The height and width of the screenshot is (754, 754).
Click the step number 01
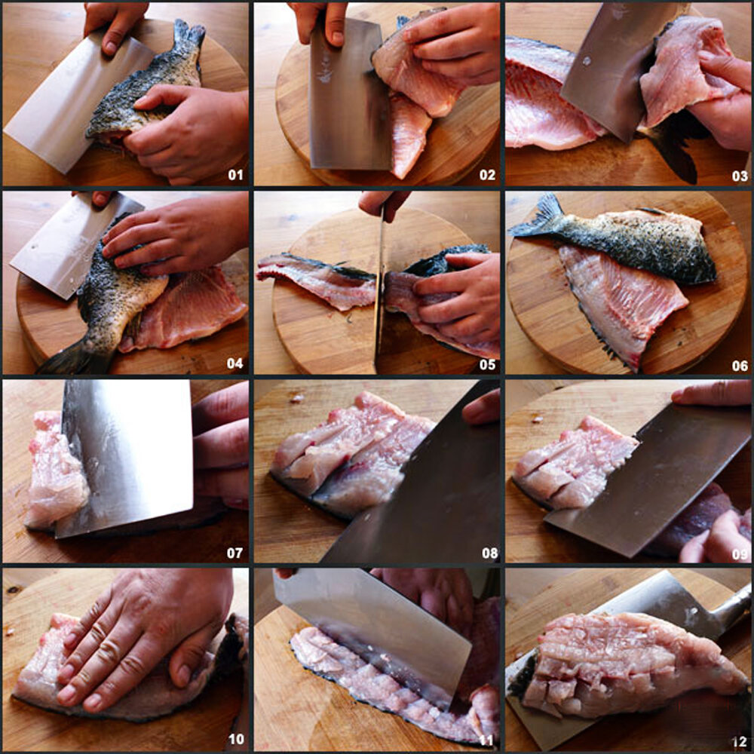[x=235, y=175]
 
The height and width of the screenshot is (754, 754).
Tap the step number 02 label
[x=487, y=175]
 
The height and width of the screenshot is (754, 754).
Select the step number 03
[x=740, y=176]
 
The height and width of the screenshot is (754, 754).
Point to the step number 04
[x=235, y=363]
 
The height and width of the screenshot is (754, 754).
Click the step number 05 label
[x=487, y=364]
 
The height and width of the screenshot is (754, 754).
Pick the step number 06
[x=740, y=366]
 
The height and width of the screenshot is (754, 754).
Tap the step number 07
[x=235, y=553]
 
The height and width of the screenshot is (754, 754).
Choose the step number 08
[x=489, y=553]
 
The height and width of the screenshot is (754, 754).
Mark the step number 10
[x=236, y=739]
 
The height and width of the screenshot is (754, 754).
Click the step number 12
[x=740, y=741]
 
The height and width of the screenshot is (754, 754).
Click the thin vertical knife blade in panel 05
[x=380, y=289]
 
